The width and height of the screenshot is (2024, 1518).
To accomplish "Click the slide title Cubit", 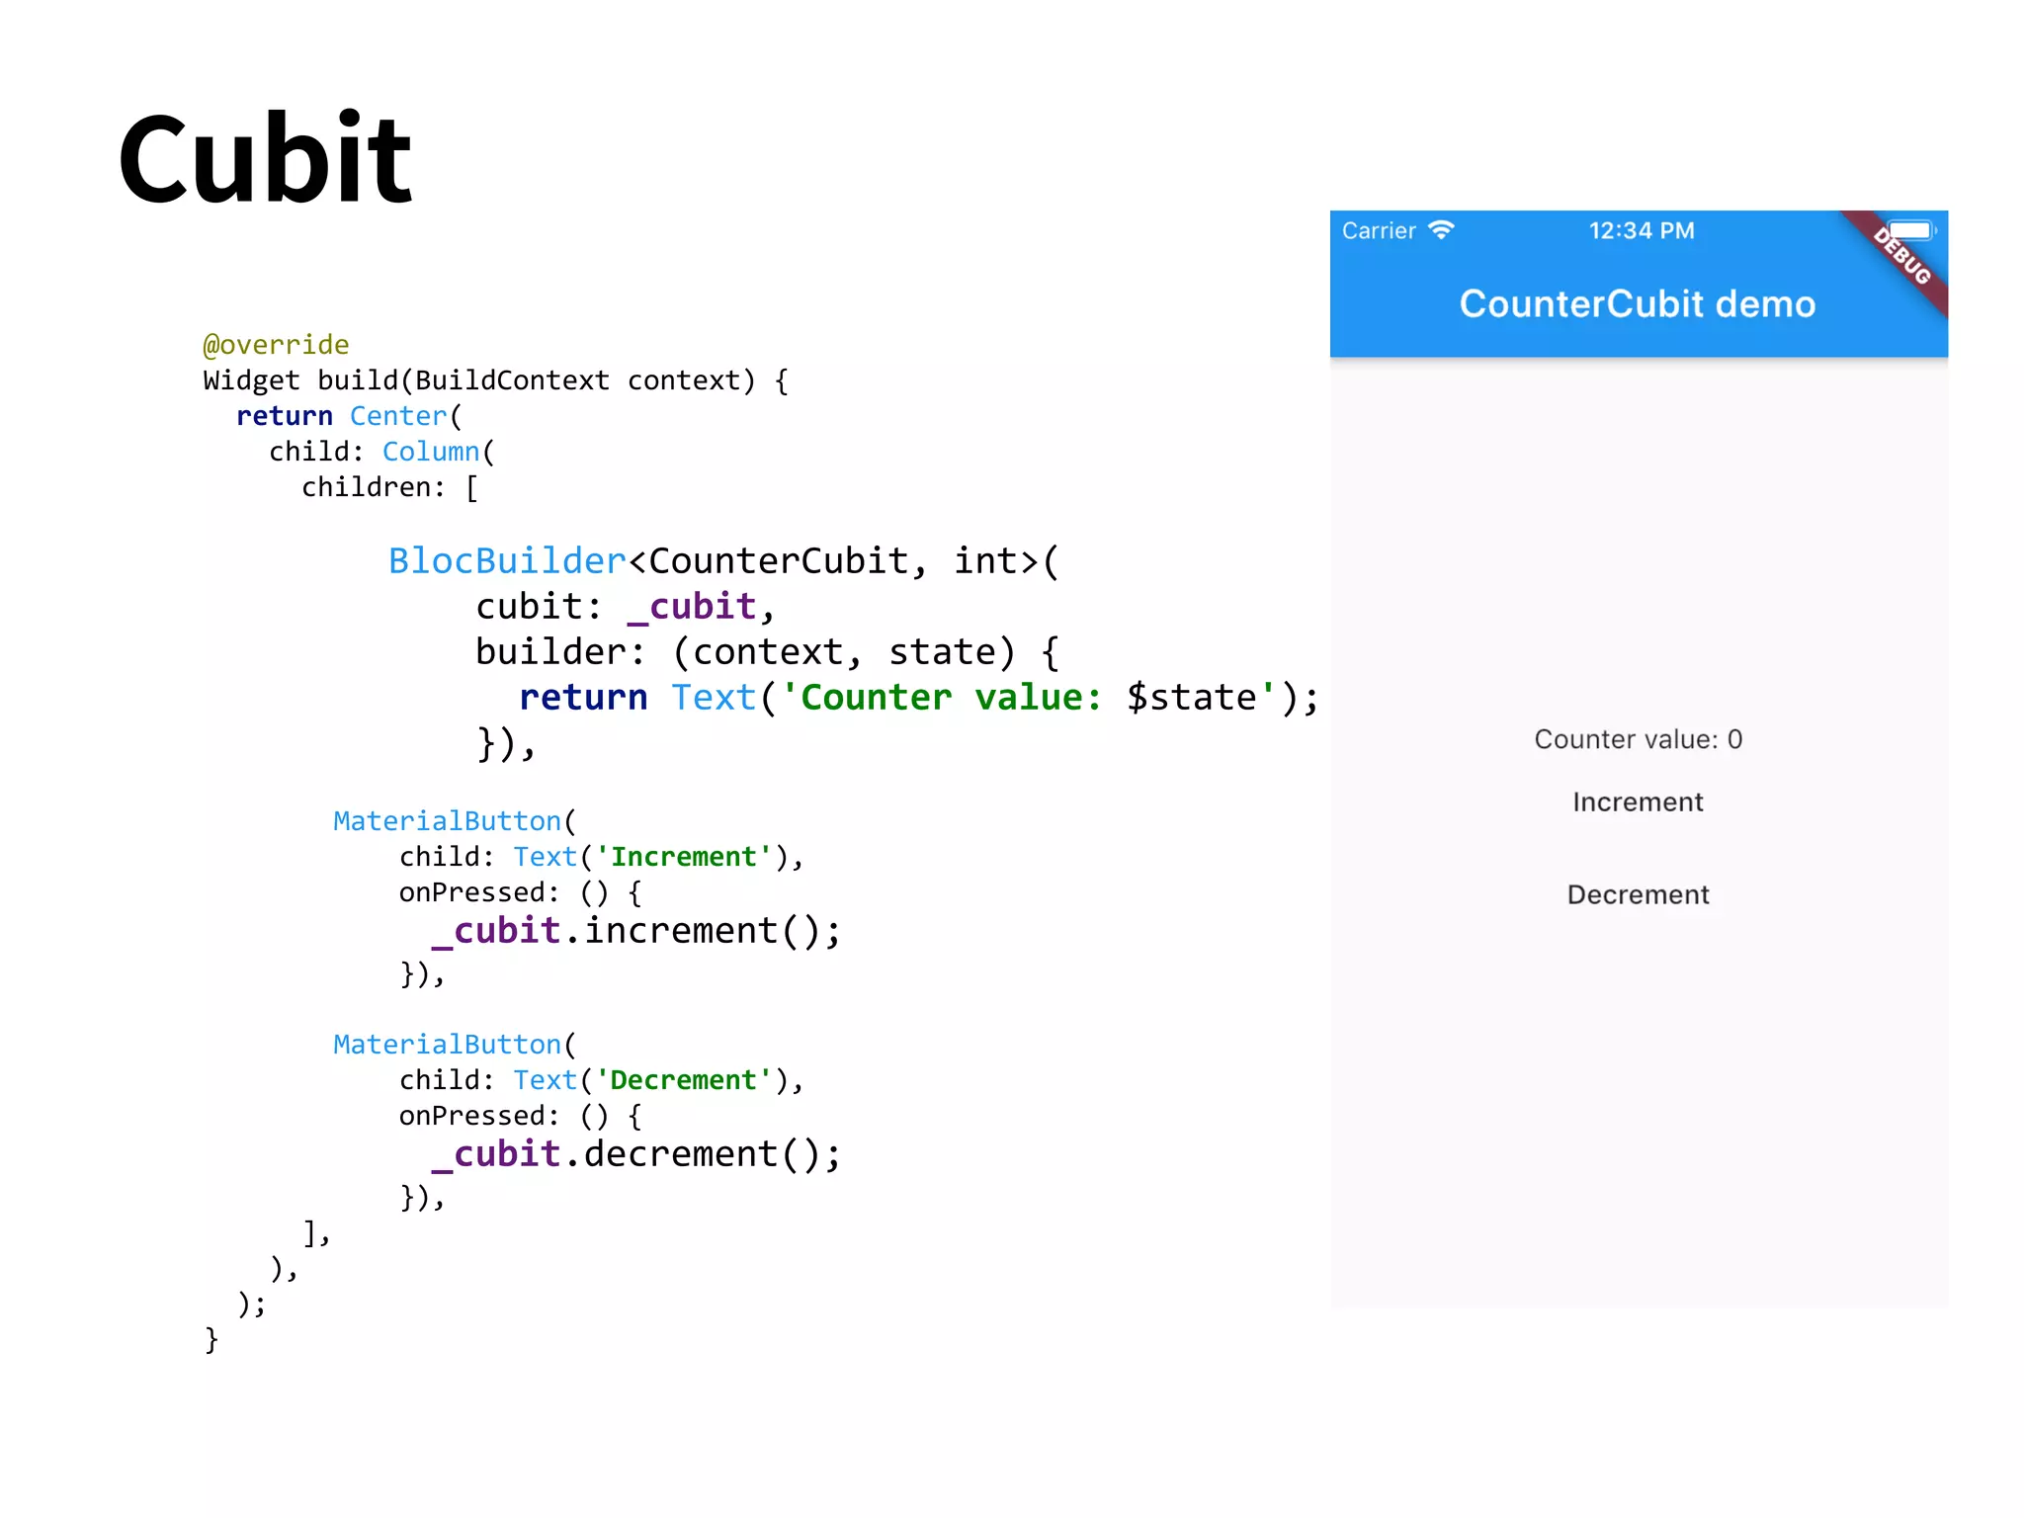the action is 265,160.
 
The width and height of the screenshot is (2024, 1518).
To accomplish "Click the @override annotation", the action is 276,345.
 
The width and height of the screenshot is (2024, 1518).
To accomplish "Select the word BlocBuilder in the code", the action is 507,561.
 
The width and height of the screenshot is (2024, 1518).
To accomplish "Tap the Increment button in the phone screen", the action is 1638,802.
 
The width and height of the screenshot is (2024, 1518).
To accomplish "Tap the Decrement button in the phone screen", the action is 1638,895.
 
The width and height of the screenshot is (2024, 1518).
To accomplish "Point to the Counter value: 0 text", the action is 1638,739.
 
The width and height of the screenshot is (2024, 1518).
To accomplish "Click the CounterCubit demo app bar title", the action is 1638,304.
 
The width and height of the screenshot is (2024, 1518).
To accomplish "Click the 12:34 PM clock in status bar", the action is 1642,231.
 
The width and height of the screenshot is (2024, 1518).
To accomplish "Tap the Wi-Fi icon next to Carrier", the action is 1442,230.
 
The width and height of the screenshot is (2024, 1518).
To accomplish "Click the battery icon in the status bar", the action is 1911,230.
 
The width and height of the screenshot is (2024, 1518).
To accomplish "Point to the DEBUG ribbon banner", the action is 1902,256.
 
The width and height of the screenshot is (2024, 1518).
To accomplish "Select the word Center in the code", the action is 398,416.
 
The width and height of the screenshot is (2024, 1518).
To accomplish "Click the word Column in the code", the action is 431,452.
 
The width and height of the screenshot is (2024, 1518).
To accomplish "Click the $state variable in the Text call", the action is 1191,698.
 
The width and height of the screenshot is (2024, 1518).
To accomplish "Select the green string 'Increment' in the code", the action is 684,857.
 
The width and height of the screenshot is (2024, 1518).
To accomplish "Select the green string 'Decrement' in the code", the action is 684,1080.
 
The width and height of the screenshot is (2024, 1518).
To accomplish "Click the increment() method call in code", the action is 712,931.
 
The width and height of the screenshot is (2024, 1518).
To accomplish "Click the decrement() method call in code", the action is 712,1154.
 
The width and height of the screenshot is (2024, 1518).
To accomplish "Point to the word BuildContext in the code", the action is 512,380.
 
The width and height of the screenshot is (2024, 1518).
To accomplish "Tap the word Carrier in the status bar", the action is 1379,231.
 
